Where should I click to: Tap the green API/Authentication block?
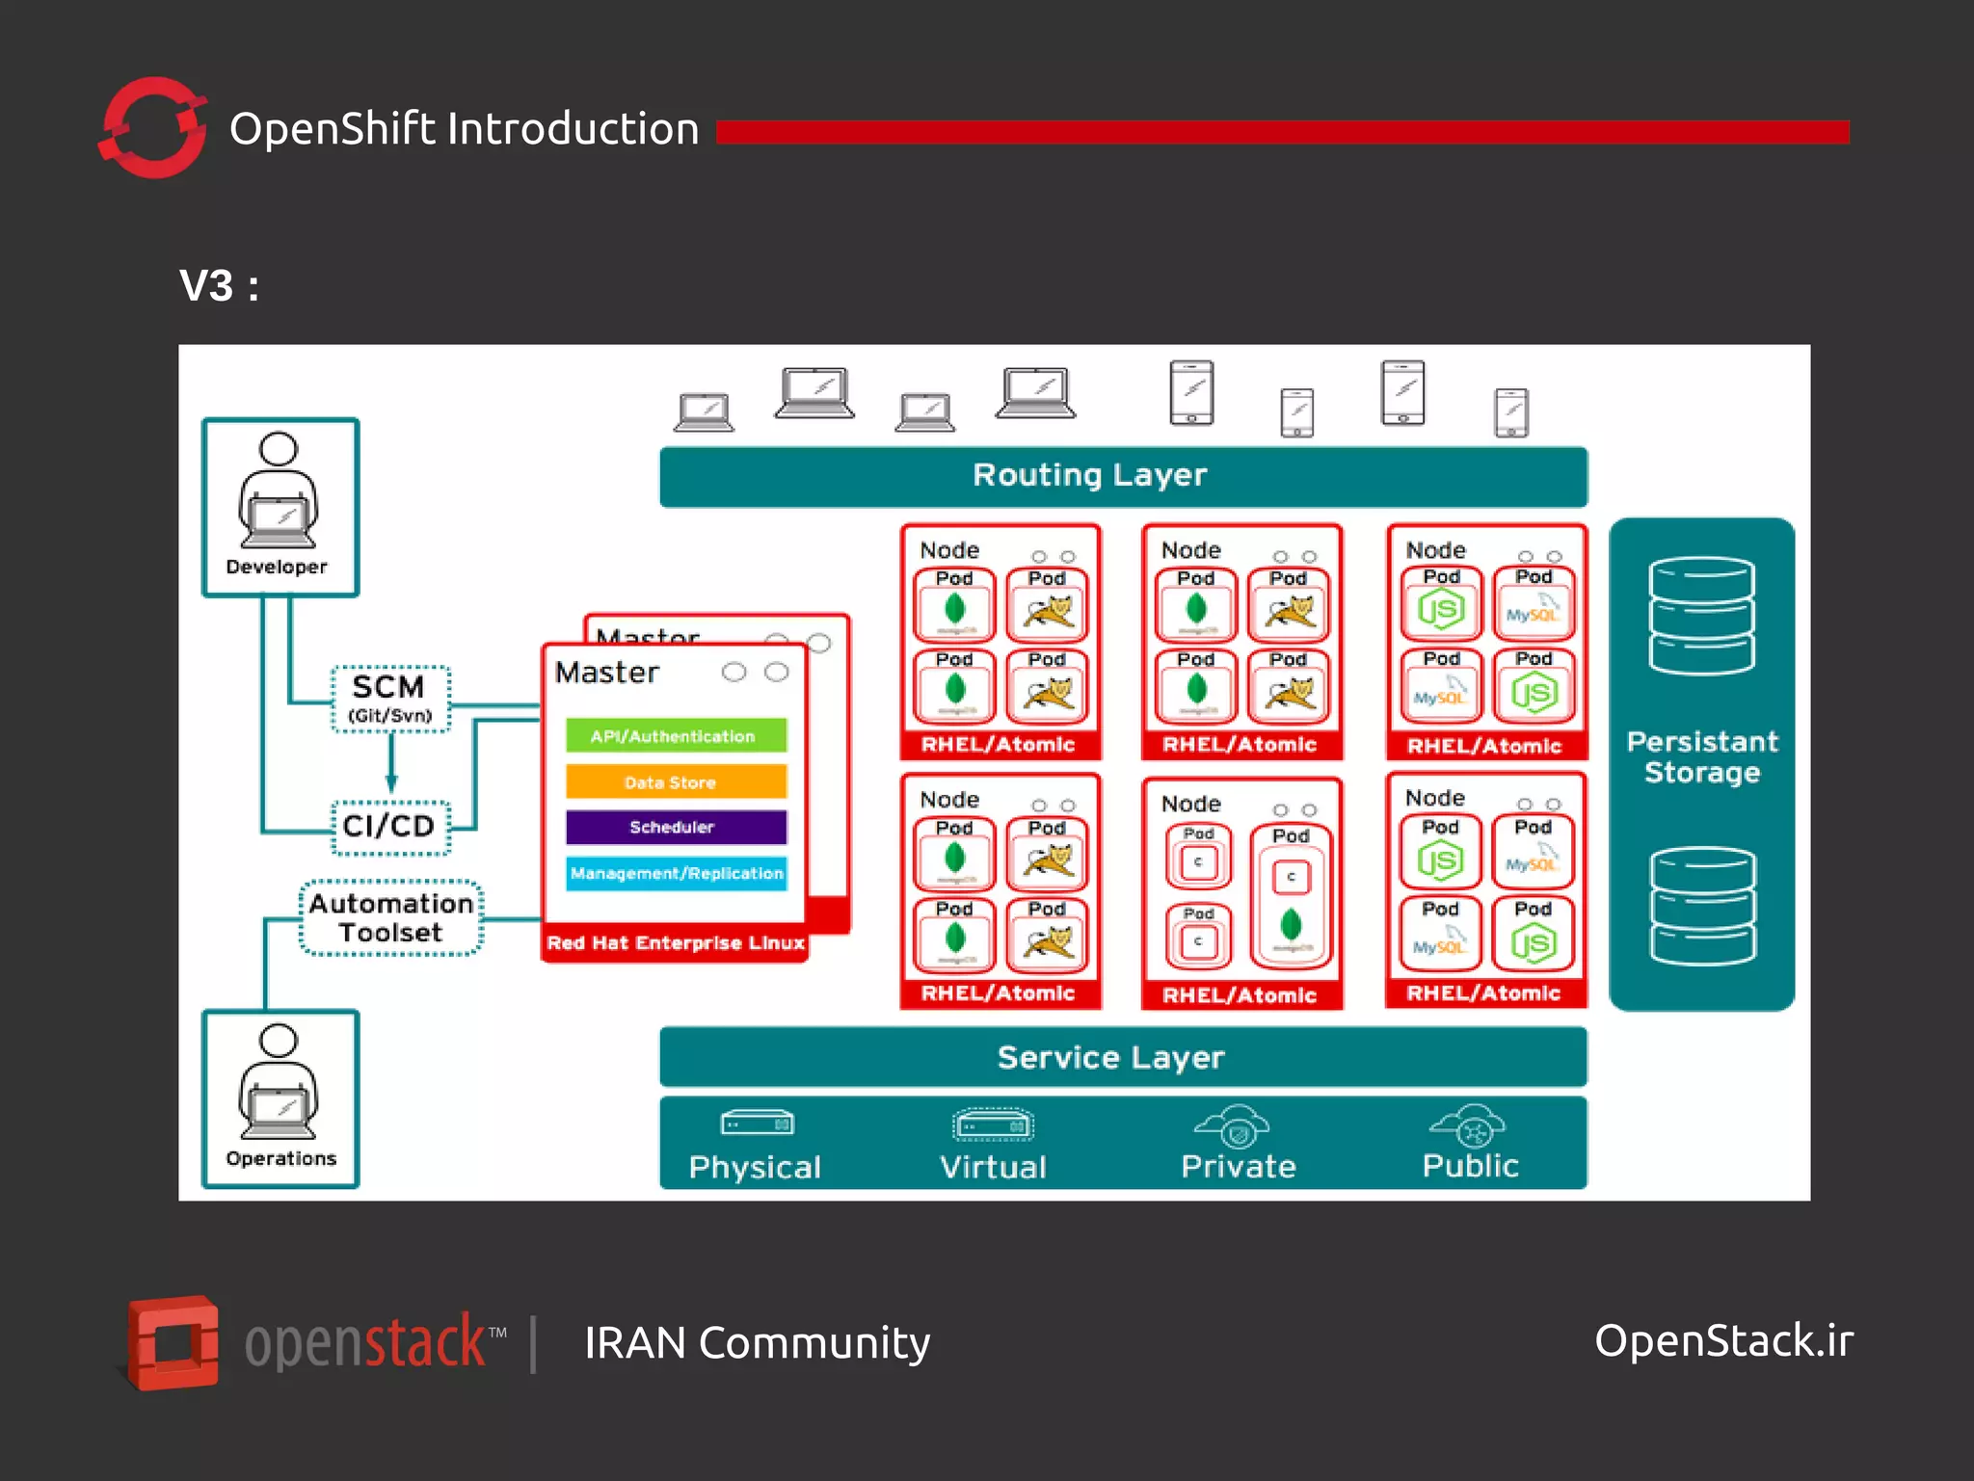tap(675, 735)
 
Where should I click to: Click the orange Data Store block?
tap(675, 781)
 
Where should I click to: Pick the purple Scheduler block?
tap(675, 827)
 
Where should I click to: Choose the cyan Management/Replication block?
tap(675, 873)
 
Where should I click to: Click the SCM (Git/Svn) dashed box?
tap(390, 699)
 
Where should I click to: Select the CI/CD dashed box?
tap(390, 827)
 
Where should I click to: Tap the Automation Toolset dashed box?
tap(390, 917)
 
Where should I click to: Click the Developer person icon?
tap(279, 491)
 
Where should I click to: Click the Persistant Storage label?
tap(1702, 756)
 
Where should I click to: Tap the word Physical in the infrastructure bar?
tap(755, 1167)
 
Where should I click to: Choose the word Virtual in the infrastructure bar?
tap(993, 1167)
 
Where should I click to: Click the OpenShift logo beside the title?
tap(153, 128)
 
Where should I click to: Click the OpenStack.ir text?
tap(1723, 1340)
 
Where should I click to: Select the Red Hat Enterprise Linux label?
tap(675, 942)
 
